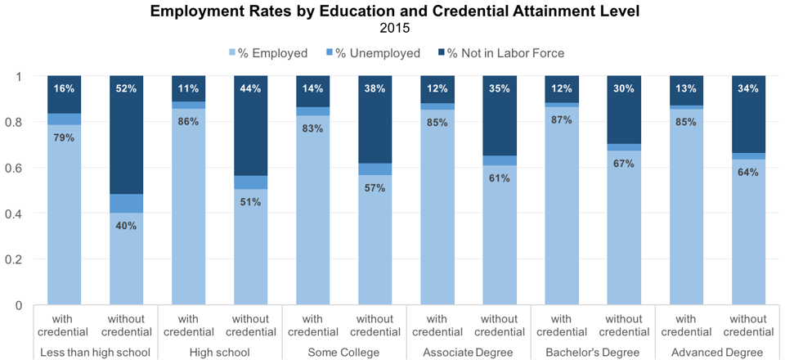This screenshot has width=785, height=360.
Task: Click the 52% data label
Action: (127, 88)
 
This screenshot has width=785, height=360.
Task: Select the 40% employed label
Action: (127, 226)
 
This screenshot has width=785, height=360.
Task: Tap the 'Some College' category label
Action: (344, 353)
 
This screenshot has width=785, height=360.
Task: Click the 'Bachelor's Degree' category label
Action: (593, 353)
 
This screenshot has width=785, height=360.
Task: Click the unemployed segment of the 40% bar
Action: (127, 204)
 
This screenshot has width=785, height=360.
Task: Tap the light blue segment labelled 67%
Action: (624, 229)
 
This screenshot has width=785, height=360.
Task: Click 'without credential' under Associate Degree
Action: (500, 326)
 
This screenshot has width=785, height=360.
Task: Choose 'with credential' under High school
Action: (189, 326)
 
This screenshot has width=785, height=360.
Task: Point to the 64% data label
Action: (748, 172)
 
